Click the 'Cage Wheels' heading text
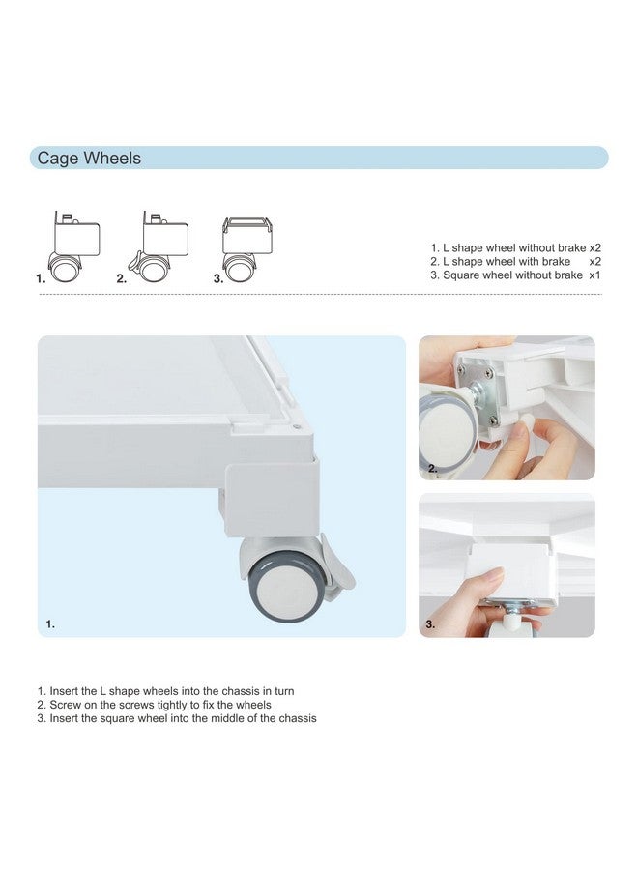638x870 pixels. [89, 159]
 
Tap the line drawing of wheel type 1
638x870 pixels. [73, 246]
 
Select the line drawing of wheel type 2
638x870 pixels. [159, 246]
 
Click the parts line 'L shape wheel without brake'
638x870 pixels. [514, 248]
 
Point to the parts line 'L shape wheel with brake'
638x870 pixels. [507, 261]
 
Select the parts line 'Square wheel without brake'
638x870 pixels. [512, 275]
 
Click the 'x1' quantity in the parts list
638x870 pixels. [594, 275]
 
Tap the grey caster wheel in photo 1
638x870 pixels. [285, 586]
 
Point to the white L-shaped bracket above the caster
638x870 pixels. [272, 498]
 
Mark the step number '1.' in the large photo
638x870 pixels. [50, 624]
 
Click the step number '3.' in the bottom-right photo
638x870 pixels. [430, 624]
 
